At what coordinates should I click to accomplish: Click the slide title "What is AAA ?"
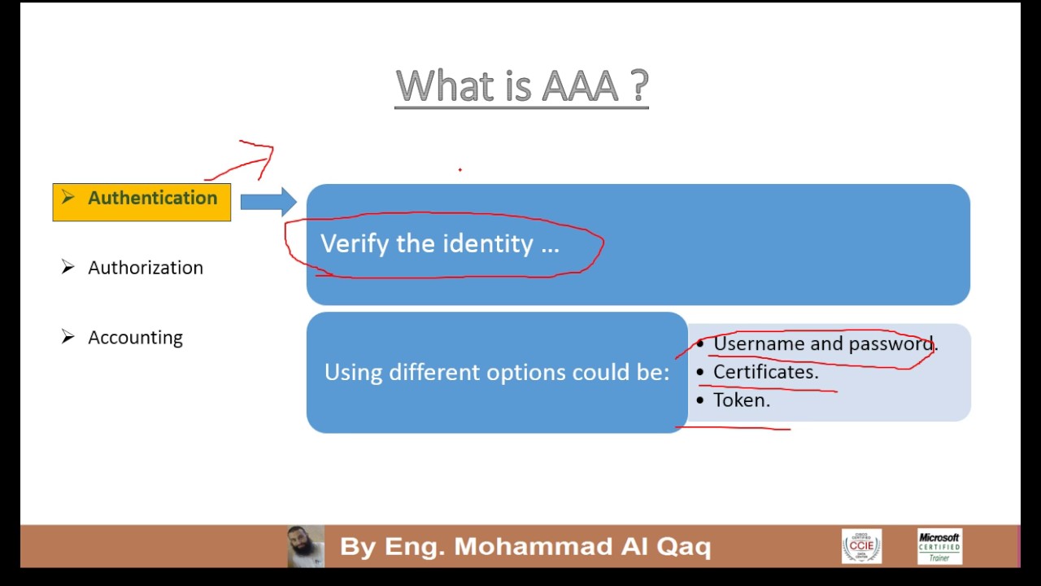click(x=521, y=86)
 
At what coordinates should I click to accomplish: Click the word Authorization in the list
click(x=146, y=268)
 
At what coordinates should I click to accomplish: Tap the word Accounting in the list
click(x=135, y=338)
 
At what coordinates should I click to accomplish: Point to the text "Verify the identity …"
click(x=439, y=244)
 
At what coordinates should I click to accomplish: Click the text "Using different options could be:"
click(x=496, y=373)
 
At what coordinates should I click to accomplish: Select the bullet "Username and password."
click(x=825, y=344)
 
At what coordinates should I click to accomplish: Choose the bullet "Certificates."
click(x=765, y=372)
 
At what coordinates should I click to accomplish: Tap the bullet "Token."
click(x=741, y=400)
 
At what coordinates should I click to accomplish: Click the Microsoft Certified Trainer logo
click(x=939, y=546)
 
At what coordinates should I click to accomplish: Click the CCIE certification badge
click(x=861, y=546)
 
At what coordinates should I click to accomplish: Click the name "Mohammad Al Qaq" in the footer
click(x=582, y=546)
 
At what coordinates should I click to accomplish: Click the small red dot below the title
click(x=460, y=170)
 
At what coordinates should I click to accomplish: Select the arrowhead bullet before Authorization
click(x=68, y=268)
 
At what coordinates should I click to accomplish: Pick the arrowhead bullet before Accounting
click(x=68, y=337)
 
